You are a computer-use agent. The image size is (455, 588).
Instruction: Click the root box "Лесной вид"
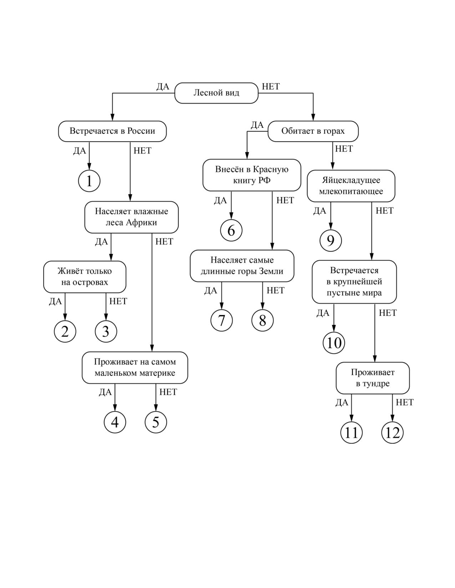[216, 93]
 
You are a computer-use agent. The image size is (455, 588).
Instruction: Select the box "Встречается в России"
[112, 131]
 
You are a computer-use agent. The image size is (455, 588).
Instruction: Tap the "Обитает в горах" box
[313, 131]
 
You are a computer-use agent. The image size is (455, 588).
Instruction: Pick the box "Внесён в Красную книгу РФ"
[252, 175]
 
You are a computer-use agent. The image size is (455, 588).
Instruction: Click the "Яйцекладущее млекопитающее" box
[351, 186]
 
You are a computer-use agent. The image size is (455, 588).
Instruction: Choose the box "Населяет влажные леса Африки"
[131, 217]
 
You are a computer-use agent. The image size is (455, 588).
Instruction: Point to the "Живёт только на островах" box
[85, 277]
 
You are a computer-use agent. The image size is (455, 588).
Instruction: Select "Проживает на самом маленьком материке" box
[135, 367]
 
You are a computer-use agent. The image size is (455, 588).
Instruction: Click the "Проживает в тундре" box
[373, 378]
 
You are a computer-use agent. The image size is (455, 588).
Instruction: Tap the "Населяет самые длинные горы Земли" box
[242, 266]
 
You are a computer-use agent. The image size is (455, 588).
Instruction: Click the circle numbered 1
[89, 181]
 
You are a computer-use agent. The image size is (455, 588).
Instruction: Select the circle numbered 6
[231, 230]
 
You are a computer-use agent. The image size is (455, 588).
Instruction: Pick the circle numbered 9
[330, 241]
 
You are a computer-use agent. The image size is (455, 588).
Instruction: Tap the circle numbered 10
[334, 343]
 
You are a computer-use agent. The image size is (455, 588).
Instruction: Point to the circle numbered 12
[393, 432]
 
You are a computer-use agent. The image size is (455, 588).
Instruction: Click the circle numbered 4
[115, 422]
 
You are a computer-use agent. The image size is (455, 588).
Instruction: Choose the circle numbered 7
[222, 320]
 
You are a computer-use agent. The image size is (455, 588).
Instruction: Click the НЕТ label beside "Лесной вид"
[271, 87]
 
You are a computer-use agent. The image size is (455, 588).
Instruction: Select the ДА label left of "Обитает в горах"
[257, 125]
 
